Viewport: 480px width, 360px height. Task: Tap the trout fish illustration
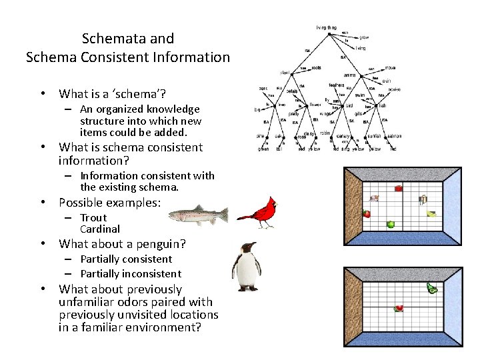pyautogui.click(x=197, y=215)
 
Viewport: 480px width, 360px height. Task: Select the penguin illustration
pyautogui.click(x=246, y=267)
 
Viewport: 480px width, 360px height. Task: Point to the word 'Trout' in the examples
pyautogui.click(x=93, y=217)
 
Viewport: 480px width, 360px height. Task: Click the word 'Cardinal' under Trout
pyautogui.click(x=100, y=229)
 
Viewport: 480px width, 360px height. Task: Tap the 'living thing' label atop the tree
pyautogui.click(x=327, y=27)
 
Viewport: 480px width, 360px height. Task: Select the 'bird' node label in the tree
pyautogui.click(x=349, y=105)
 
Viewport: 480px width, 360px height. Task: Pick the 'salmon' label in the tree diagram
pyautogui.click(x=395, y=135)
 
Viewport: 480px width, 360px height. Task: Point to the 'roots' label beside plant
pyautogui.click(x=317, y=67)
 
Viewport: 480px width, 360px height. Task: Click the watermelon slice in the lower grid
pyautogui.click(x=399, y=308)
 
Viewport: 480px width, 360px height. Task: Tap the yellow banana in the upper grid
pyautogui.click(x=431, y=214)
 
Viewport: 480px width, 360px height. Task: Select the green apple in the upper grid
pyautogui.click(x=391, y=225)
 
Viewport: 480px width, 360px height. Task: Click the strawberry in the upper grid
pyautogui.click(x=367, y=214)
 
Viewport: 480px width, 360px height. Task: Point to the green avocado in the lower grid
pyautogui.click(x=432, y=289)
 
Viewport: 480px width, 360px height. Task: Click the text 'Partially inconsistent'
pyautogui.click(x=131, y=273)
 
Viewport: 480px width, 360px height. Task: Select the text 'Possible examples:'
pyautogui.click(x=110, y=202)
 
